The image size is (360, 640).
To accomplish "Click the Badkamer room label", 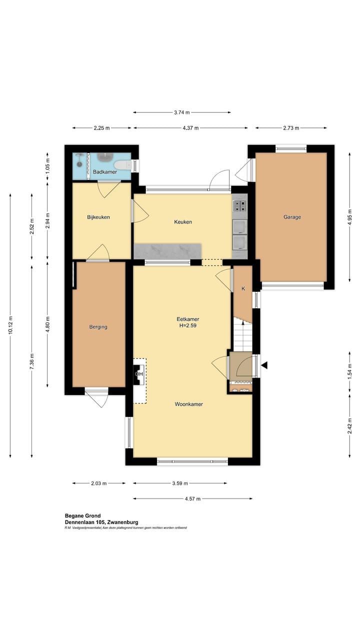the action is pyautogui.click(x=105, y=171).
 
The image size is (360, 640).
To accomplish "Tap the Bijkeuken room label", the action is pyautogui.click(x=98, y=217).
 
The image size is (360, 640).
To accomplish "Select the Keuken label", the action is pyautogui.click(x=183, y=221).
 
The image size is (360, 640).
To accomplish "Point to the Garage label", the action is pyautogui.click(x=292, y=217).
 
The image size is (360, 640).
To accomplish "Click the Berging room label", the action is pyautogui.click(x=98, y=326).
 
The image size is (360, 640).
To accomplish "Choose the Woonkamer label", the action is pyautogui.click(x=189, y=404).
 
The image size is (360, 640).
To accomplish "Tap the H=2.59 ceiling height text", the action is pyautogui.click(x=187, y=325).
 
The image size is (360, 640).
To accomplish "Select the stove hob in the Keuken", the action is pyautogui.click(x=239, y=206).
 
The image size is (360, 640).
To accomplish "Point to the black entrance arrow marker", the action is pyautogui.click(x=264, y=365).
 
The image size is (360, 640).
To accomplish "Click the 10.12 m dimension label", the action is pyautogui.click(x=10, y=325).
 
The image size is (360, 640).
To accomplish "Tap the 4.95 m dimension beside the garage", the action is pyautogui.click(x=349, y=217).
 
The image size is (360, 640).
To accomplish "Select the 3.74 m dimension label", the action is pyautogui.click(x=182, y=112).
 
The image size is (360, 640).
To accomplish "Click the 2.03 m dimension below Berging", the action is pyautogui.click(x=99, y=483).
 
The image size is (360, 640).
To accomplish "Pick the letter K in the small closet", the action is pyautogui.click(x=243, y=288).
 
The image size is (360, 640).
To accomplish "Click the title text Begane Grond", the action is pyautogui.click(x=83, y=515).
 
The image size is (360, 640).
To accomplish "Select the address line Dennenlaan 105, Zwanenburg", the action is pyautogui.click(x=101, y=522).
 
